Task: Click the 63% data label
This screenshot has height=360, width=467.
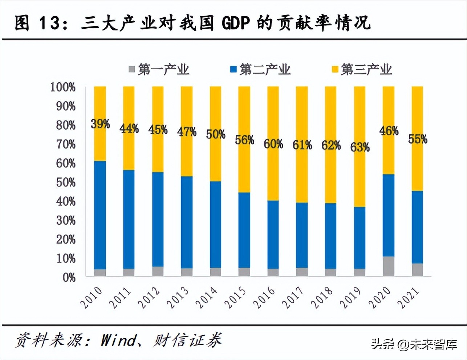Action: coord(360,147)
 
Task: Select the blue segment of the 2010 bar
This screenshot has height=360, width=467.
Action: coord(100,215)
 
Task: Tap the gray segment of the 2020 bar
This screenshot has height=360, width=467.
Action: coord(389,266)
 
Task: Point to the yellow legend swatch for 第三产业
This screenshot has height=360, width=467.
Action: coord(335,69)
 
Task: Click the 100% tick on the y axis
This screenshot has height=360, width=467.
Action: coord(63,87)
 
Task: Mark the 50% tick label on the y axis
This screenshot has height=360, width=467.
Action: coord(66,182)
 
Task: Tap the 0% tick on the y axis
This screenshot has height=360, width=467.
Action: coord(69,278)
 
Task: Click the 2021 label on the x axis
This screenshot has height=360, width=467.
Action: coord(409,298)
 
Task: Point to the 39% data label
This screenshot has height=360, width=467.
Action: coord(100,124)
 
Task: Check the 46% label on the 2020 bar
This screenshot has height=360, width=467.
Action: coord(389,131)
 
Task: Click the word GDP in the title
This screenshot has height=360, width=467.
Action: coord(236,23)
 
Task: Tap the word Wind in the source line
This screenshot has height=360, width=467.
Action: coord(118,340)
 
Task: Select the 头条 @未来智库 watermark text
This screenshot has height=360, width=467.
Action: coord(414,344)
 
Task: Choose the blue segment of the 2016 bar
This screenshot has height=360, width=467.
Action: coord(273,234)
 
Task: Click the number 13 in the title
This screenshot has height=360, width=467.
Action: coord(49,23)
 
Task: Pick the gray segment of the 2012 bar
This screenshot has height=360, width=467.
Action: coord(158,271)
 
